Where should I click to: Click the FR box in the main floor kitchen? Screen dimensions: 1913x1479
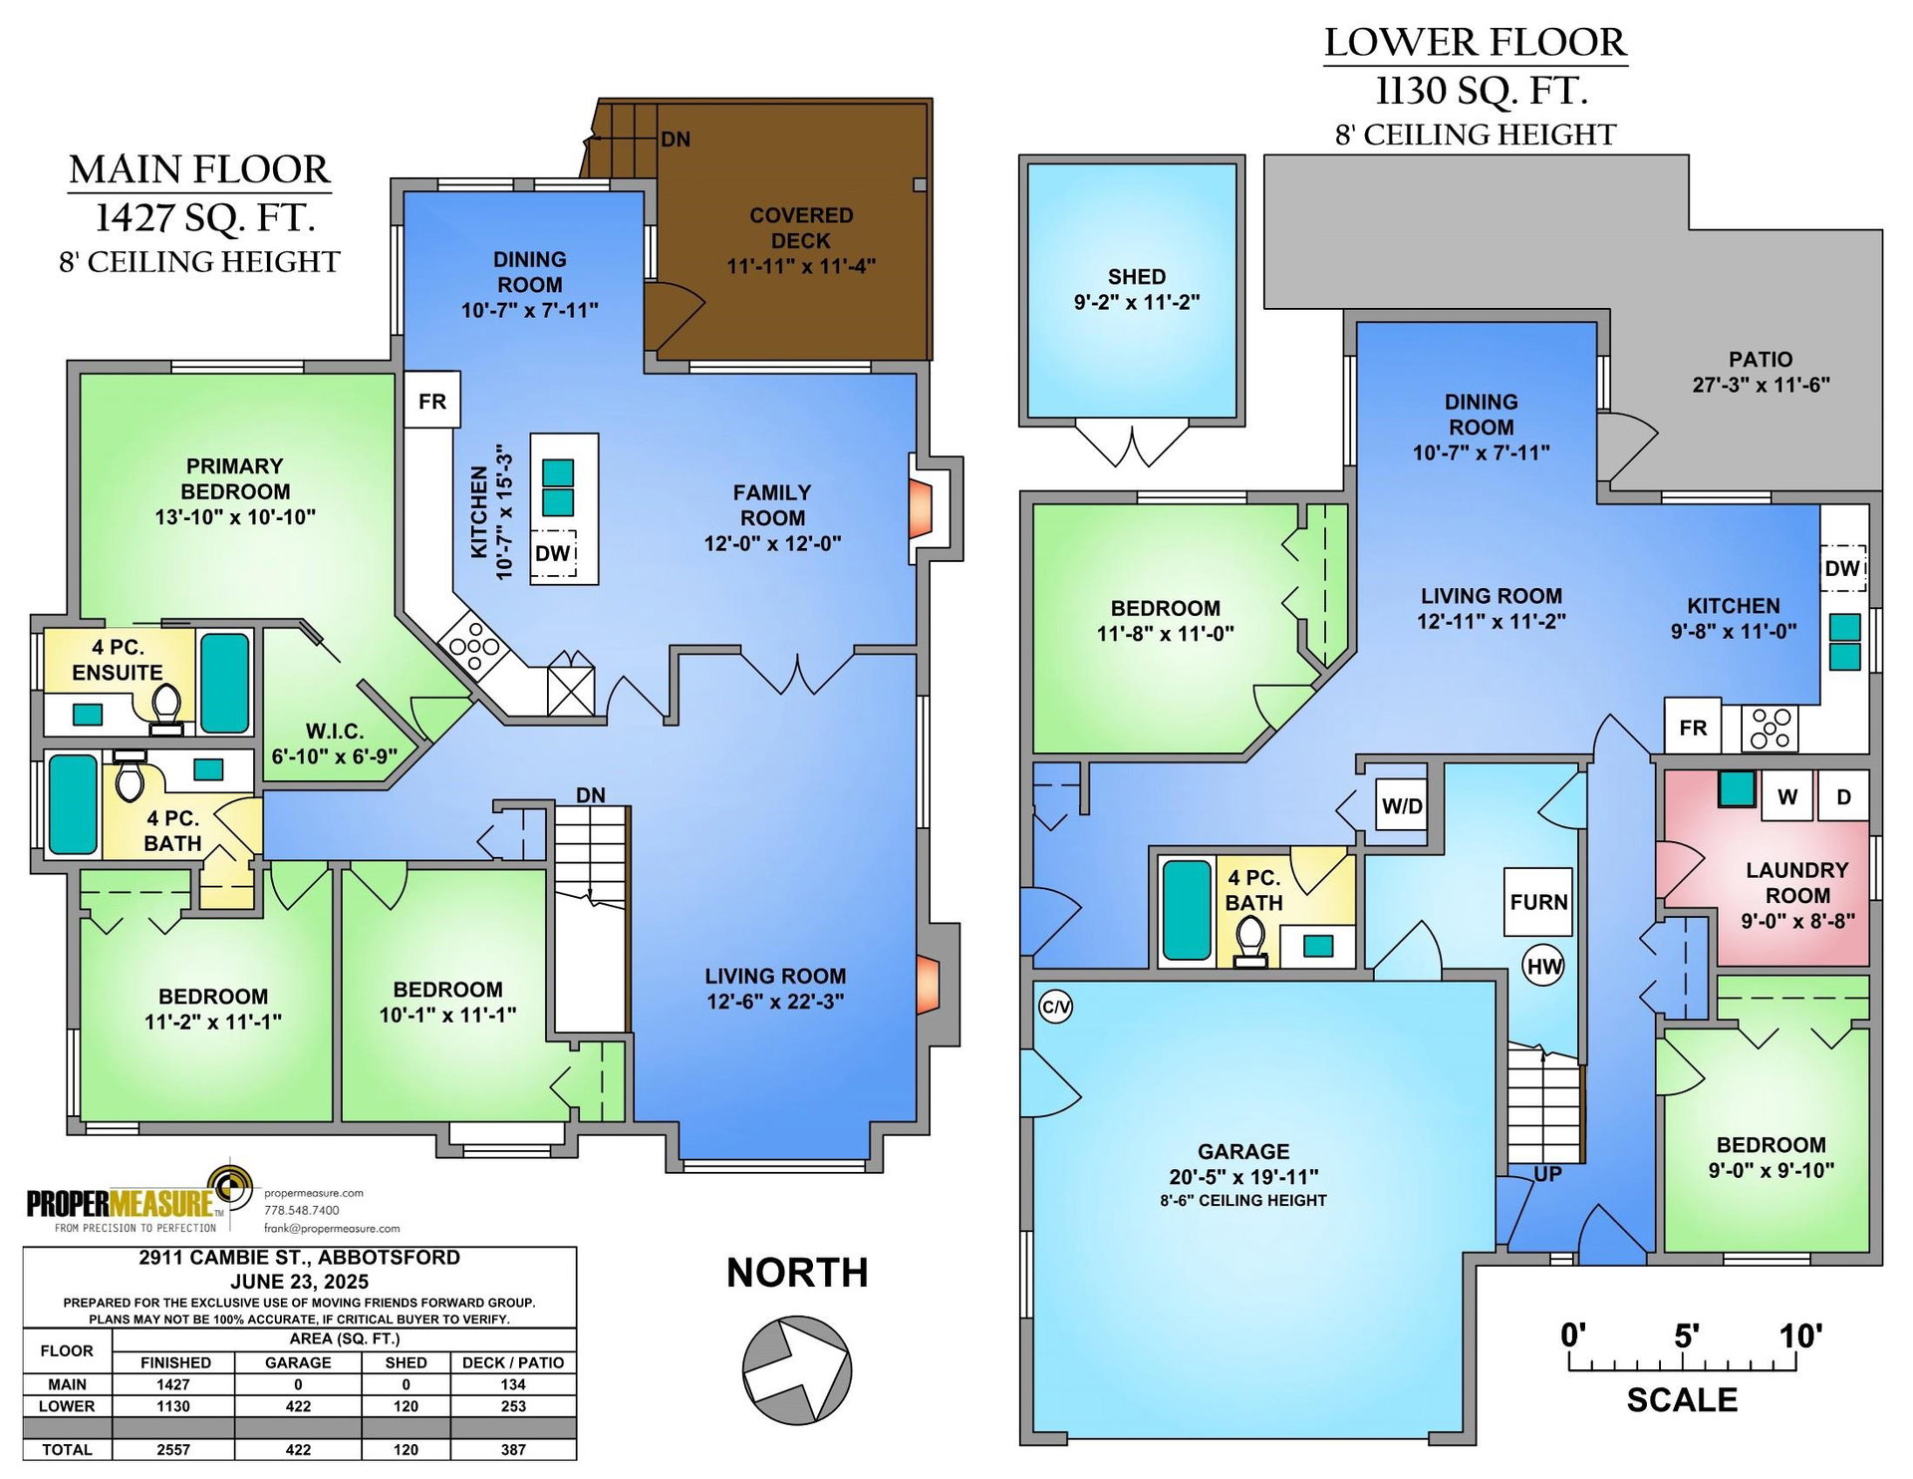(x=432, y=401)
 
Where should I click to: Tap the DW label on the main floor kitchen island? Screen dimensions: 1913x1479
(x=552, y=553)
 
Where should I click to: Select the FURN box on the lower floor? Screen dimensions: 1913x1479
(x=1538, y=902)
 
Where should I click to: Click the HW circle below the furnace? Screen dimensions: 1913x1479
(x=1544, y=966)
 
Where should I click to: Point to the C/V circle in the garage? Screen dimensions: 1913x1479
(x=1055, y=1007)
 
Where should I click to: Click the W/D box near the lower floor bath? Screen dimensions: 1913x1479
(x=1402, y=806)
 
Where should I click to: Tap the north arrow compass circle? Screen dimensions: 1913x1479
(x=797, y=1368)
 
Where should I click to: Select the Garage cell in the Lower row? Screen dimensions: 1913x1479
(x=298, y=1406)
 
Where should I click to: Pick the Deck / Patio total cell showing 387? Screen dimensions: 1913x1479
(x=513, y=1450)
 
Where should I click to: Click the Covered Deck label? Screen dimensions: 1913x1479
(x=801, y=228)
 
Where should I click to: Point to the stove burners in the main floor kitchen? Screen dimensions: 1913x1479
(x=474, y=645)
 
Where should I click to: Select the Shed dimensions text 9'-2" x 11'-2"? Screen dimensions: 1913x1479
(x=1137, y=302)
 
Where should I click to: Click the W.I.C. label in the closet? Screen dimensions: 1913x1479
(x=335, y=732)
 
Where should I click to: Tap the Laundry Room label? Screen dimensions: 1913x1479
(x=1797, y=883)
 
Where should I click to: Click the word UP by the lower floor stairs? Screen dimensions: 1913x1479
(x=1547, y=1174)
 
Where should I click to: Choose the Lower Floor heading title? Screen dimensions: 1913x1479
(x=1476, y=43)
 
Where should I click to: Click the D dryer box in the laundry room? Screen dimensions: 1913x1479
(x=1843, y=796)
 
